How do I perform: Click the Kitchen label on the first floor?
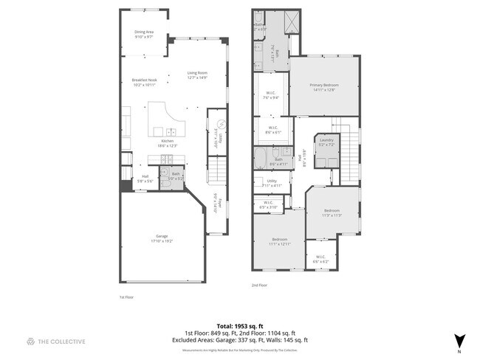[168, 142]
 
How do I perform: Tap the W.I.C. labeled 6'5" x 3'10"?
[268, 206]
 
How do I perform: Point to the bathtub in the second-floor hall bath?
[263, 158]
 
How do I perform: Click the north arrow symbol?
[460, 340]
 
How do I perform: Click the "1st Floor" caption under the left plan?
[126, 297]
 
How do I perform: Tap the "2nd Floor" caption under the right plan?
[259, 285]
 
